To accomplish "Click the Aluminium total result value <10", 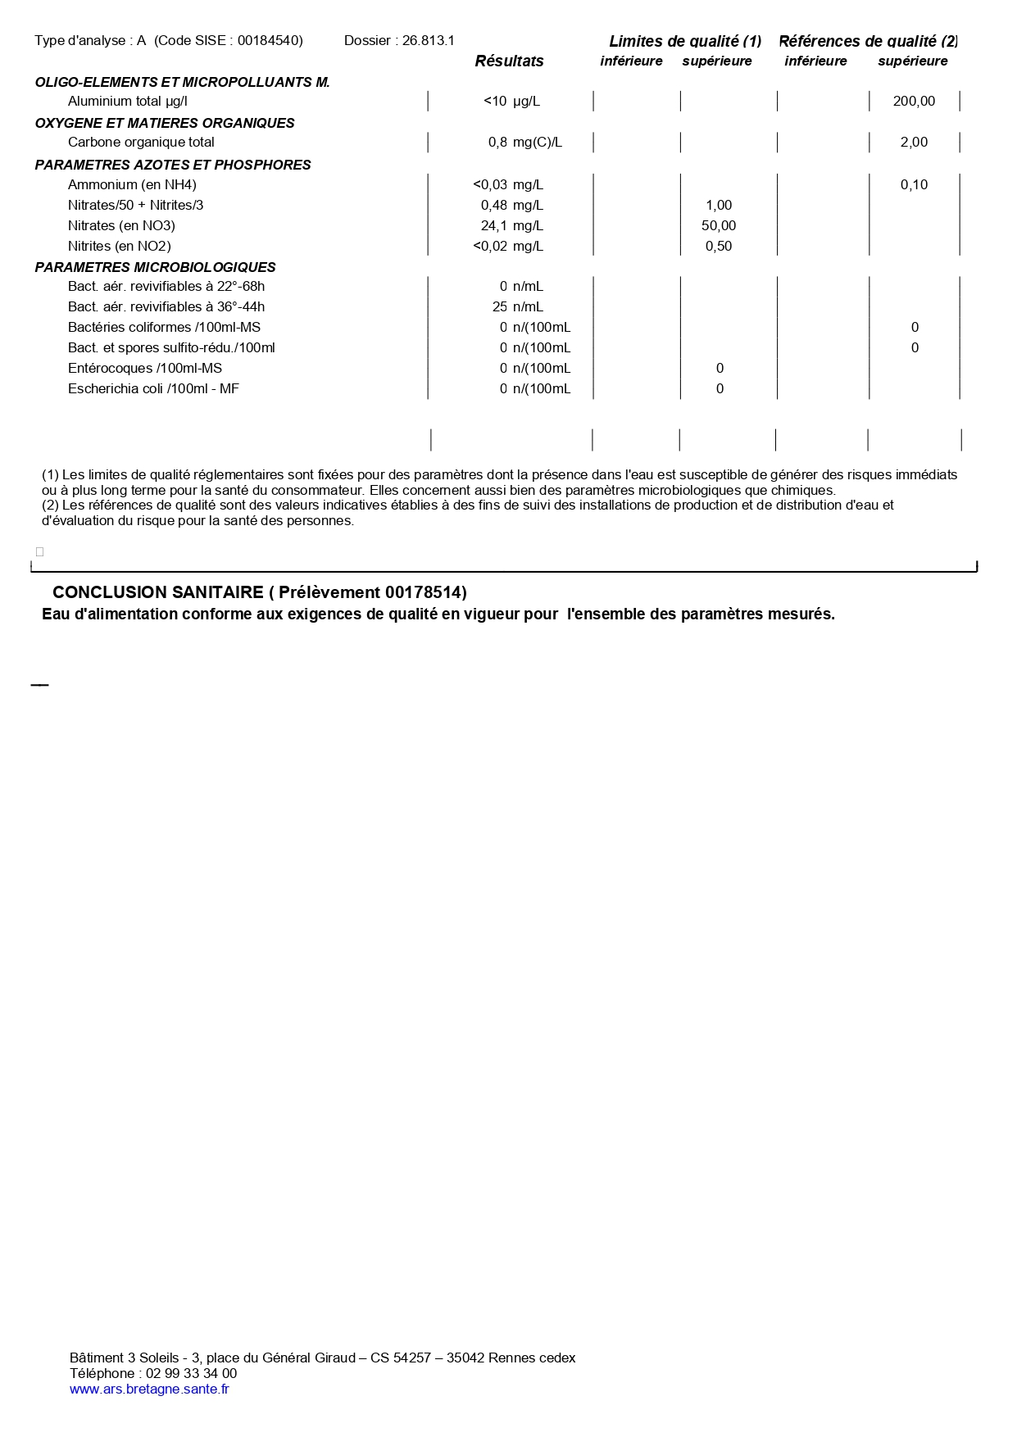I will (495, 102).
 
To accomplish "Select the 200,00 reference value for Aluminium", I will (914, 102).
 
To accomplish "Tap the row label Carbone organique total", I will (141, 143).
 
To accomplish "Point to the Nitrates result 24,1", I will (494, 226).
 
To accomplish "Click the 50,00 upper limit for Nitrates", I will (719, 226).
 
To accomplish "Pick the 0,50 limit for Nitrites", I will (719, 247).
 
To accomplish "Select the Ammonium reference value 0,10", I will (914, 185).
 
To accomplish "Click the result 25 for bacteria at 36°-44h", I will (500, 307).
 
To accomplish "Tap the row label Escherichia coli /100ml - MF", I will (153, 389).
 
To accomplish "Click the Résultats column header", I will (509, 61).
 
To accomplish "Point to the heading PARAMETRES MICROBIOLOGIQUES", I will (155, 268).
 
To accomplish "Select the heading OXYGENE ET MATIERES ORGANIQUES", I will (165, 124).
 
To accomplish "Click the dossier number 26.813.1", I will (429, 41).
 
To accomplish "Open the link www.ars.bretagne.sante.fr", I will (149, 1389).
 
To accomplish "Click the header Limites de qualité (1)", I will (685, 42).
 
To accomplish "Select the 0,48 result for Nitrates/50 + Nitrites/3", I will (494, 206).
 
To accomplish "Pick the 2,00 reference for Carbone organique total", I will (914, 143).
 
